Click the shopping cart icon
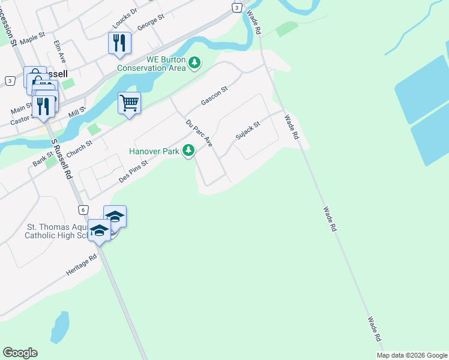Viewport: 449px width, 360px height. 129,103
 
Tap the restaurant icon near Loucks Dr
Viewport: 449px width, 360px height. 119,43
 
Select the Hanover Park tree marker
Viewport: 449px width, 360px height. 189,150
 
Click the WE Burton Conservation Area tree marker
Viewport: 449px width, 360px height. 194,62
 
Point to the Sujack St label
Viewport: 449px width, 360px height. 247,130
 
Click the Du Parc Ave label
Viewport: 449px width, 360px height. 200,133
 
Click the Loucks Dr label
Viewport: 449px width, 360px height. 125,19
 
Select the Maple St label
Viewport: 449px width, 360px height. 32,39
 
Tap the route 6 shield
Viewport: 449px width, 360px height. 83,209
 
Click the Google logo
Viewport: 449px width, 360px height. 20,353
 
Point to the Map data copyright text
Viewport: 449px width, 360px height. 412,355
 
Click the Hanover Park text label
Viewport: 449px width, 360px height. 154,151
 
